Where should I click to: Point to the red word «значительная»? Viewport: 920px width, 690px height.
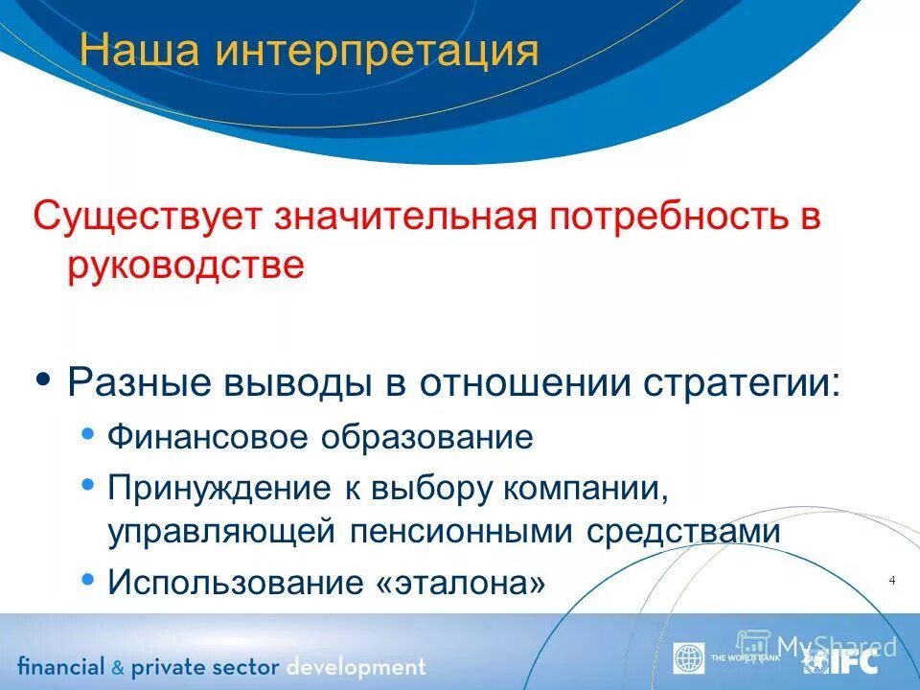click(x=403, y=216)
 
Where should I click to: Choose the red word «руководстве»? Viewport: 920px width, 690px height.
click(x=186, y=264)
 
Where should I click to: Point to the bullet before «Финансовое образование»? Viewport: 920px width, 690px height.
click(x=88, y=434)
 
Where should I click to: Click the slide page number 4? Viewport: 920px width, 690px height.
click(x=892, y=581)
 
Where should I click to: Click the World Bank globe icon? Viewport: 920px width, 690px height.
click(x=688, y=658)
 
